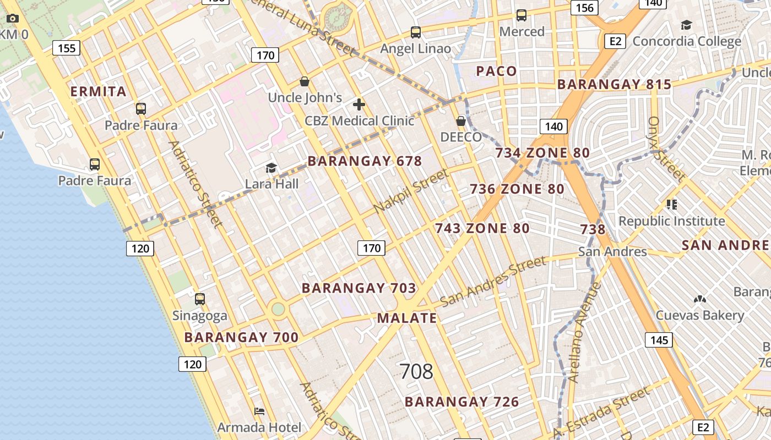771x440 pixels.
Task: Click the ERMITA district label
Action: [99, 91]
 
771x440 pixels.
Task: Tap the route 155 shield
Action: [67, 48]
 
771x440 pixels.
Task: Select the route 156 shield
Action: [584, 8]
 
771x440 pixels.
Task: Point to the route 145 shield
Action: [659, 340]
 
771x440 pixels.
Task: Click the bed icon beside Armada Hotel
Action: [259, 411]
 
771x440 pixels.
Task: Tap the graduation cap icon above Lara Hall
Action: [271, 168]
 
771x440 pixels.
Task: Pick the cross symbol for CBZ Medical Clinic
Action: [359, 105]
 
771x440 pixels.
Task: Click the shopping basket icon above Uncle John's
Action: [304, 82]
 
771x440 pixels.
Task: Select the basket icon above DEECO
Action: [461, 121]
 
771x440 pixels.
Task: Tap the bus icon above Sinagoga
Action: [200, 299]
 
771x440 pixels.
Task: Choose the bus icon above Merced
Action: [521, 15]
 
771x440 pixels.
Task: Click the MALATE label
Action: [407, 318]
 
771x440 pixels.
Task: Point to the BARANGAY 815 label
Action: [614, 84]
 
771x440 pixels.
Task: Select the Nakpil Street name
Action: [411, 192]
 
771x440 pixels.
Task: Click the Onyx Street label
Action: [666, 150]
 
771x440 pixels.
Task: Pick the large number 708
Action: [416, 372]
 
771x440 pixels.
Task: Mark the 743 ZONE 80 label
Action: [482, 228]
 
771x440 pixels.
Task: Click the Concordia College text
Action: [687, 41]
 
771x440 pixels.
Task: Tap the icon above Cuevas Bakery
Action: [699, 300]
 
